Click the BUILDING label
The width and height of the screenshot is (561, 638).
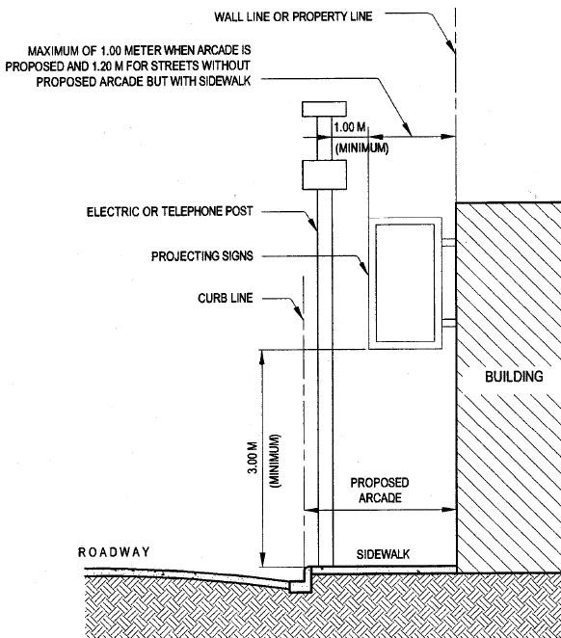coord(514,377)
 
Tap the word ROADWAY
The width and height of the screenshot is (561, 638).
coord(114,552)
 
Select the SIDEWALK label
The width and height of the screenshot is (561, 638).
coord(383,554)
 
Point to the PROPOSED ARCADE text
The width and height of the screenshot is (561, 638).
coord(380,491)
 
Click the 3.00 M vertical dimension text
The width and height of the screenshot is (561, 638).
coord(253,458)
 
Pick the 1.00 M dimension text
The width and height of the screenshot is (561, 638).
coord(350,127)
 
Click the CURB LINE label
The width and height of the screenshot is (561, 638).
coord(226,298)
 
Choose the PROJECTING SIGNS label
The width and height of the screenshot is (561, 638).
coord(202,256)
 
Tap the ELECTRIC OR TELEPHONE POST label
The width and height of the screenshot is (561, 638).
coord(170,212)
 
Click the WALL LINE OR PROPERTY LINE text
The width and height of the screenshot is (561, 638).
coord(293,16)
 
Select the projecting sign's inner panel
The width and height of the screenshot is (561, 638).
coord(405,282)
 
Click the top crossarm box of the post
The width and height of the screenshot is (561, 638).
coord(324,109)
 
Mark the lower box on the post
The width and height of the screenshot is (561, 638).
coord(324,175)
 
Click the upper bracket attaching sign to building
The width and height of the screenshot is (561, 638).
coord(449,243)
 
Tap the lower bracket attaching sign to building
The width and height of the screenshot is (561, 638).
coord(449,323)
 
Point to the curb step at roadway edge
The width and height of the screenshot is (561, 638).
coord(301,579)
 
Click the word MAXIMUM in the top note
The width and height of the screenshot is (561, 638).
coord(53,51)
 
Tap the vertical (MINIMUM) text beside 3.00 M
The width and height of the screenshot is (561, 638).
coord(276,461)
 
